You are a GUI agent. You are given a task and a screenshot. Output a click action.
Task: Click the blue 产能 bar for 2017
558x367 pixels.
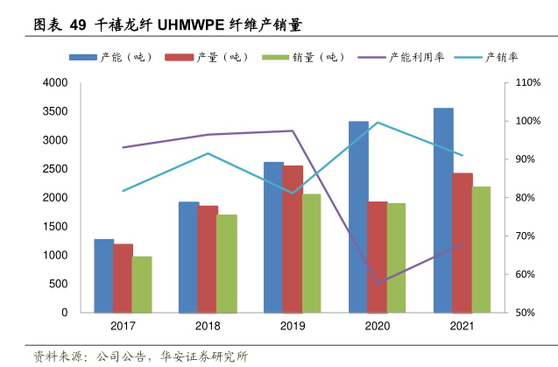tap(104, 275)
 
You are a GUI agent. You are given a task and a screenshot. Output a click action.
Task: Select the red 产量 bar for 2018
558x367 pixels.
tap(208, 258)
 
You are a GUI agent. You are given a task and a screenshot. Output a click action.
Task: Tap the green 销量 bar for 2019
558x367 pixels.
tap(311, 253)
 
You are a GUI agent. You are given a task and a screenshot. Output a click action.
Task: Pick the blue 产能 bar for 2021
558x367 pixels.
tap(443, 210)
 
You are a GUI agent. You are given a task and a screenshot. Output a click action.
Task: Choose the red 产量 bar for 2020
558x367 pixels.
tap(378, 257)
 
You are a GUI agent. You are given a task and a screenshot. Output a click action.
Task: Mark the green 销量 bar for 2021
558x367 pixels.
tap(481, 249)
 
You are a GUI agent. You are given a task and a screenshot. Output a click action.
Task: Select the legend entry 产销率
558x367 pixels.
tap(502, 57)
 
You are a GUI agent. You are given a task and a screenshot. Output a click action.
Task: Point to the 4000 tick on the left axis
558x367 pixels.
tap(55, 83)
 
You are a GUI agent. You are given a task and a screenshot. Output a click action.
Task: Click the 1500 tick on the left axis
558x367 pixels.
tap(55, 227)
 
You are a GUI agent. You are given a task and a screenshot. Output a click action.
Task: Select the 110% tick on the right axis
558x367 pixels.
tap(528, 83)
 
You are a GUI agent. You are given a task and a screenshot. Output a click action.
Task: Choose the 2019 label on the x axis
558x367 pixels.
tap(293, 327)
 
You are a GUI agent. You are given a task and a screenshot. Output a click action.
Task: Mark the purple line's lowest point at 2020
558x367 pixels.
tap(378, 283)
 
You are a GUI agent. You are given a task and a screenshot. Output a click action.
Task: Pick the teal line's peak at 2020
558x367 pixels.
tap(378, 123)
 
